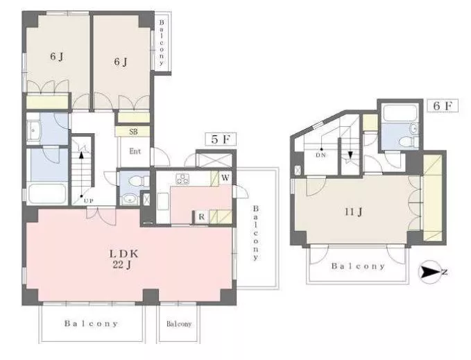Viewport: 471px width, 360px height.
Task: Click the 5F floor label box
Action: [221, 139]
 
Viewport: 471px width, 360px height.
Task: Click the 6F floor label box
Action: [443, 105]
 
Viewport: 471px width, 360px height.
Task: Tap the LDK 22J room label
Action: [123, 259]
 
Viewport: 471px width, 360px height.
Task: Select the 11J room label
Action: [354, 212]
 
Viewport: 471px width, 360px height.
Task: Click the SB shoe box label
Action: [133, 132]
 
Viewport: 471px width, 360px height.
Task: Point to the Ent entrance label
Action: [135, 151]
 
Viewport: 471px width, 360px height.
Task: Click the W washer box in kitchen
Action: [225, 178]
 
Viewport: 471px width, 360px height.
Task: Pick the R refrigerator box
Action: [201, 217]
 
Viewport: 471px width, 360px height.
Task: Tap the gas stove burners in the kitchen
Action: [182, 178]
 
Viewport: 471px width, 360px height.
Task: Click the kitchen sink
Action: [163, 201]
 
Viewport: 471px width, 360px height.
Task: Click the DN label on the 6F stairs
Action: [321, 155]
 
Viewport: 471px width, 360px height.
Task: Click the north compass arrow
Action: [429, 272]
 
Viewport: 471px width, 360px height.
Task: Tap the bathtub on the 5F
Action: [47, 194]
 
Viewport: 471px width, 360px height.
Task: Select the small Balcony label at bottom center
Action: [179, 324]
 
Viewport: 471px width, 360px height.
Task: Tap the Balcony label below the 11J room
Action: [358, 266]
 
